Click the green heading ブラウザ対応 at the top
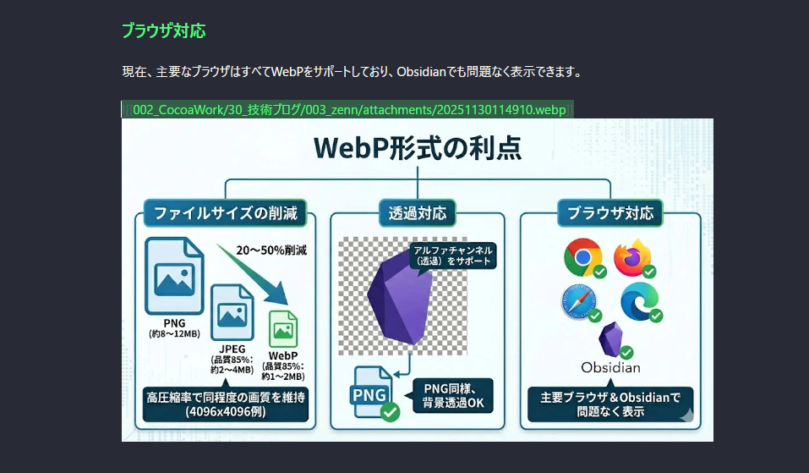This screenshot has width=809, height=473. pyautogui.click(x=163, y=31)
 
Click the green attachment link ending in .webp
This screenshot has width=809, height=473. pyautogui.click(x=349, y=110)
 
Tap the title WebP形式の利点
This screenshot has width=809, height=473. pyautogui.click(x=418, y=148)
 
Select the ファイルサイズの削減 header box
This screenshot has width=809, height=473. pyautogui.click(x=226, y=213)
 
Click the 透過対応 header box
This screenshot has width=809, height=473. pyautogui.click(x=418, y=213)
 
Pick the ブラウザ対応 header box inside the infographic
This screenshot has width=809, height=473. pyautogui.click(x=610, y=213)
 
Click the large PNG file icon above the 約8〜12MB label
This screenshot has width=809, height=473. pyautogui.click(x=174, y=276)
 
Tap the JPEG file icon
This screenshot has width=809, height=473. pyautogui.click(x=232, y=312)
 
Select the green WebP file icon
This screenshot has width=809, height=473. pyautogui.click(x=283, y=329)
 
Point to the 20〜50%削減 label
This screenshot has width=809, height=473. pyautogui.click(x=271, y=250)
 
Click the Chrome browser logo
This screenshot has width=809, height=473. pyautogui.click(x=583, y=257)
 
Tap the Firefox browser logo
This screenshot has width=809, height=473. pyautogui.click(x=633, y=257)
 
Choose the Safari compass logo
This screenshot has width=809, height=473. pyautogui.click(x=579, y=301)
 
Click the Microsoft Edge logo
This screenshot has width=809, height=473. pyautogui.click(x=640, y=301)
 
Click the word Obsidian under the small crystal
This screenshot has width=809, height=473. pyautogui.click(x=610, y=368)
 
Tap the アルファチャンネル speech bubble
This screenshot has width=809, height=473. pyautogui.click(x=453, y=256)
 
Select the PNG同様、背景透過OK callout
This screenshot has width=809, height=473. pyautogui.click(x=453, y=395)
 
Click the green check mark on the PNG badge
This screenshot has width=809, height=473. pyautogui.click(x=390, y=411)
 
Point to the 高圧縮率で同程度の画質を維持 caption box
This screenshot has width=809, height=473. pyautogui.click(x=226, y=404)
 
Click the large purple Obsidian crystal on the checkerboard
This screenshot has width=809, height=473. pyautogui.click(x=399, y=298)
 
